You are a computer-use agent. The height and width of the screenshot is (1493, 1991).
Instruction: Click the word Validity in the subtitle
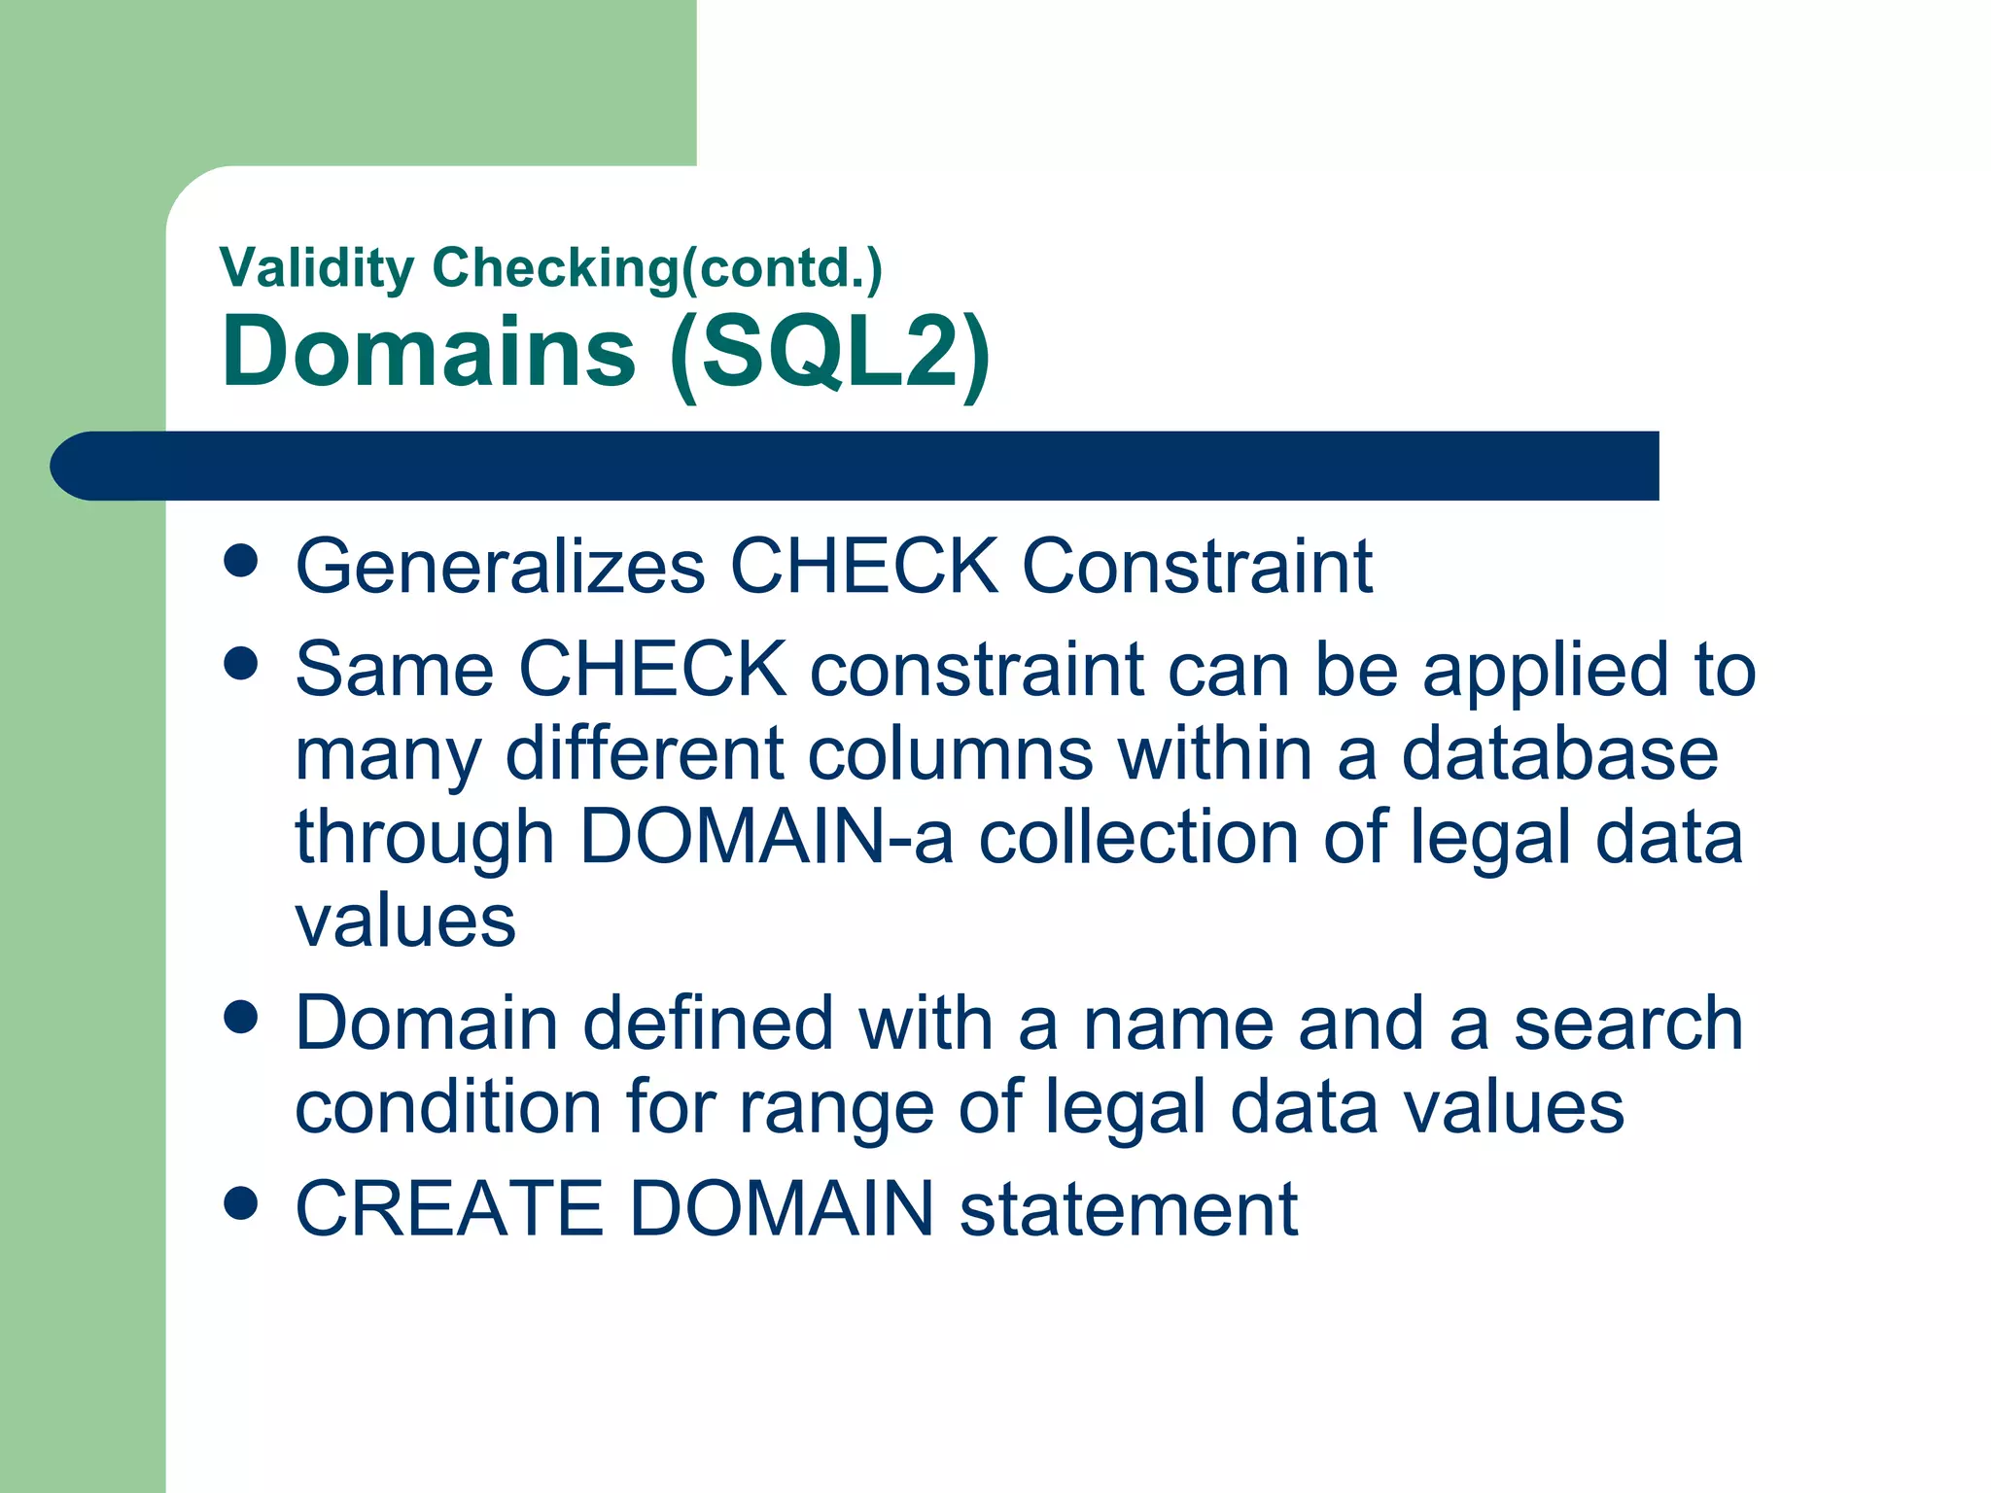(x=317, y=268)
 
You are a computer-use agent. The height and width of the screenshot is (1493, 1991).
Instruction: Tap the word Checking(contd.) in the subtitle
(x=657, y=268)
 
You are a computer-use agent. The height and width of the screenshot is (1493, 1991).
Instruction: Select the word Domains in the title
(x=429, y=352)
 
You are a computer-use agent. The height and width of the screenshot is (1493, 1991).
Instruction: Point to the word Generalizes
(x=501, y=567)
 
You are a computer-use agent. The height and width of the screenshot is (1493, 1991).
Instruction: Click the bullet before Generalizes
(x=240, y=561)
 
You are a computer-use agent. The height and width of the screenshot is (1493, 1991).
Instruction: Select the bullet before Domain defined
(x=240, y=1018)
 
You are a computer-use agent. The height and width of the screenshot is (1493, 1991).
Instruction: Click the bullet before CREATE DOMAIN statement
(x=240, y=1202)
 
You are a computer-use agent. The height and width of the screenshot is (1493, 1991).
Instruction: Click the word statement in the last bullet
(x=1128, y=1208)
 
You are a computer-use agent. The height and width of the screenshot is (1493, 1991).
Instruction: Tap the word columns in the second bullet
(x=950, y=754)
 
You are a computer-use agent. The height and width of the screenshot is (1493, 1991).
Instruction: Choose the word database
(x=1559, y=754)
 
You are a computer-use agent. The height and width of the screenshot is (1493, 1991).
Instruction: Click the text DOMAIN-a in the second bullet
(x=766, y=837)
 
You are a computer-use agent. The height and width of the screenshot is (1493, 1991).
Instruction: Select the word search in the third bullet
(x=1628, y=1024)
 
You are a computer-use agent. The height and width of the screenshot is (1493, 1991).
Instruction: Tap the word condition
(x=448, y=1107)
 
